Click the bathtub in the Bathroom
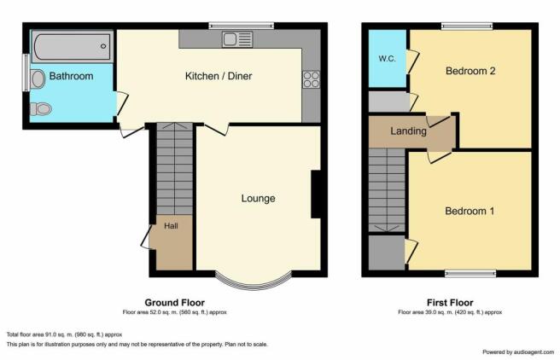[72, 43]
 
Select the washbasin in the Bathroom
[38, 79]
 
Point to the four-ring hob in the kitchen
[310, 80]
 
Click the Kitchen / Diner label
[219, 77]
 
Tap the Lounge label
[258, 199]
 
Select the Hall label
[172, 227]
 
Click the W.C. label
[386, 59]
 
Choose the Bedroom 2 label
[470, 72]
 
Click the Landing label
[408, 131]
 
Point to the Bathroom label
[71, 77]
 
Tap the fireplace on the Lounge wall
[315, 195]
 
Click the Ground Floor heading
[174, 303]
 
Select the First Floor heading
[450, 303]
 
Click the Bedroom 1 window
[470, 274]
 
